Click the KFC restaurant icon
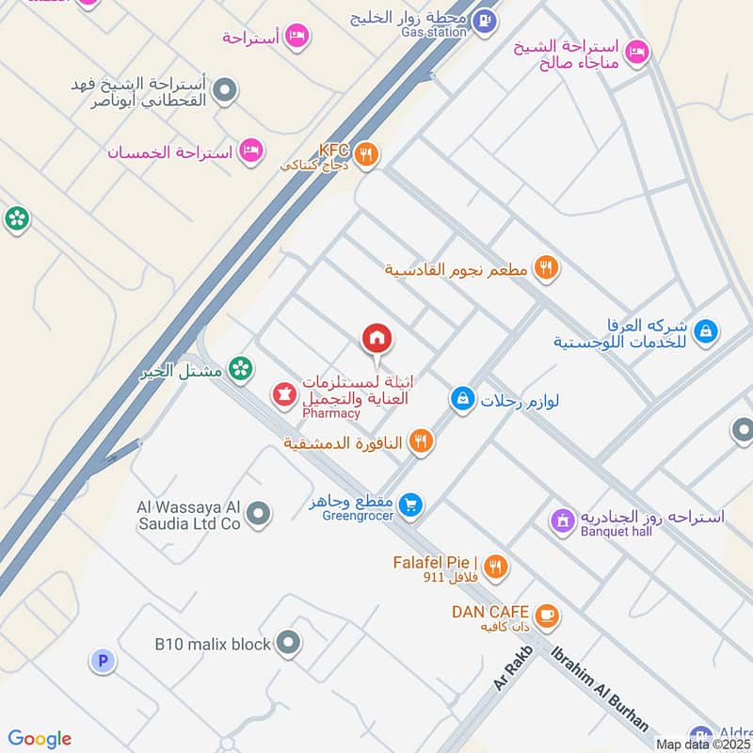(x=368, y=155)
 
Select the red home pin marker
(x=376, y=337)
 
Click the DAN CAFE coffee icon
(x=547, y=617)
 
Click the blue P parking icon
(x=103, y=661)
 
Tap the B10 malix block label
(x=213, y=645)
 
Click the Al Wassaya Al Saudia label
(x=188, y=515)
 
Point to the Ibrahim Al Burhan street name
(x=601, y=688)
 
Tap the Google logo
(x=40, y=739)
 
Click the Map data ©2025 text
(x=702, y=744)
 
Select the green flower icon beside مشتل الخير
(x=241, y=370)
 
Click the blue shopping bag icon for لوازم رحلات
(x=461, y=400)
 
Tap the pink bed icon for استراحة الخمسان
(x=249, y=151)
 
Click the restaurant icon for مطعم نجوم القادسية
(x=546, y=269)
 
